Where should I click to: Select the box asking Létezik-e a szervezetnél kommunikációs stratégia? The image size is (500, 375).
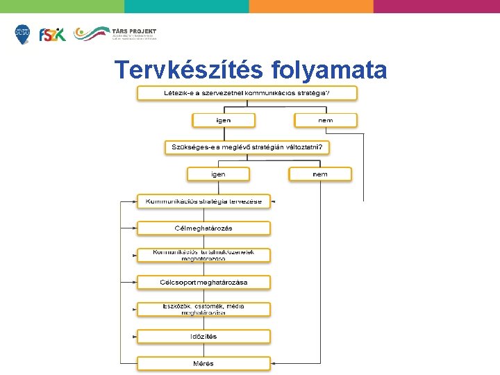click(x=247, y=92)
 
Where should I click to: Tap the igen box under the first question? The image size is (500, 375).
click(x=222, y=120)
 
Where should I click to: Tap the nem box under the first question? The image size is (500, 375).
click(x=325, y=120)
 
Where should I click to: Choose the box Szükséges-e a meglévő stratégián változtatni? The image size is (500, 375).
click(x=247, y=147)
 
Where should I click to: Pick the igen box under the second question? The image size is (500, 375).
click(x=218, y=174)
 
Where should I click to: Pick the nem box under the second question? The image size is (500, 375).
click(x=320, y=174)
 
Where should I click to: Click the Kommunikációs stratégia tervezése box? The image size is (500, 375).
click(x=203, y=201)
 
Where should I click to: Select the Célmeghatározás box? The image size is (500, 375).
click(x=203, y=228)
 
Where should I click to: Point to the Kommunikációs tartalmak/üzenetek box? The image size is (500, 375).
click(x=203, y=255)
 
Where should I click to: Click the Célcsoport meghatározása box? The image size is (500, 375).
click(x=203, y=282)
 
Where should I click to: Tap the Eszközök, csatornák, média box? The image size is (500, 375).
click(x=203, y=309)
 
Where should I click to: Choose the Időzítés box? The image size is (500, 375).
click(x=203, y=336)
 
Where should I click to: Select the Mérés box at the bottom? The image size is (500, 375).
click(x=203, y=363)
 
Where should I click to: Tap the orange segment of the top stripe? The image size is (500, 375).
click(x=311, y=6)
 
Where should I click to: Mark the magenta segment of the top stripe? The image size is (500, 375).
click(x=436, y=6)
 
